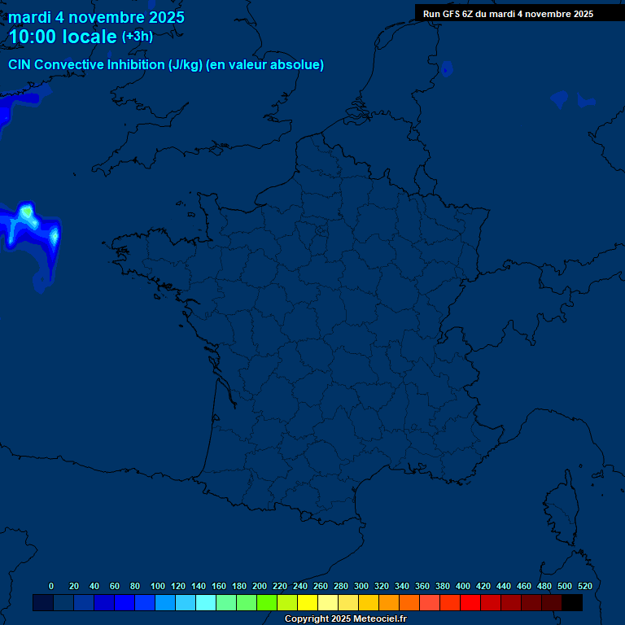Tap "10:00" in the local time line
[x=32, y=37]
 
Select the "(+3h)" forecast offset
[x=137, y=37]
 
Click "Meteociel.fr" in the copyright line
[x=380, y=619]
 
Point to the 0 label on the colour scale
[x=51, y=586]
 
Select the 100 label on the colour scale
[x=158, y=586]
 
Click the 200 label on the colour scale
[x=260, y=586]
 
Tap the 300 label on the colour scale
[x=361, y=586]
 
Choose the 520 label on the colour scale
[x=585, y=586]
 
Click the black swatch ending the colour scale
[x=572, y=603]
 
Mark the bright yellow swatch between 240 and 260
[x=308, y=603]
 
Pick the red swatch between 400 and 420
[x=470, y=603]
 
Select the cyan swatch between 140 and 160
[x=206, y=603]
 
